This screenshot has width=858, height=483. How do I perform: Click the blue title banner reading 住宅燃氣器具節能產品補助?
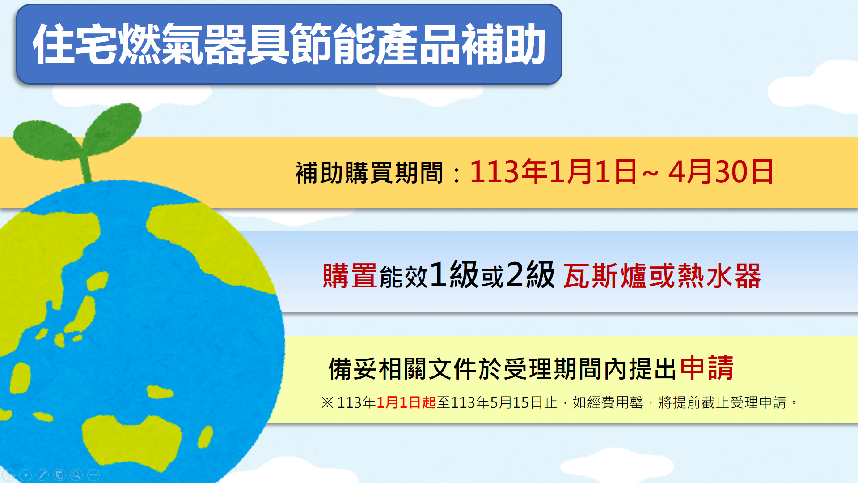point(289,44)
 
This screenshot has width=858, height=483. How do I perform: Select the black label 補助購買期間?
point(369,173)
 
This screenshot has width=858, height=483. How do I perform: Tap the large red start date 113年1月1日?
point(553,172)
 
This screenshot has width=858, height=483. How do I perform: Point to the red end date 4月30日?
point(721,172)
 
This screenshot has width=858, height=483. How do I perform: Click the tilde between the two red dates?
point(651,173)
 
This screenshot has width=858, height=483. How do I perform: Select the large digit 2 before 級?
point(514,274)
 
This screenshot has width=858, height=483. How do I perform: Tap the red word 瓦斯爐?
point(604,275)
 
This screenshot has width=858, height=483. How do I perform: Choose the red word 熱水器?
point(719,275)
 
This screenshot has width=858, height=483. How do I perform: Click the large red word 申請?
point(706,368)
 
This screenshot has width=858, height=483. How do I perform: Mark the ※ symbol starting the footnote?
point(327,402)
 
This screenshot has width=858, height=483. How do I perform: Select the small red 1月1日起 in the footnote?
point(406,402)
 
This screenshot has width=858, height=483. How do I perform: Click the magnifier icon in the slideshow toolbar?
point(76,474)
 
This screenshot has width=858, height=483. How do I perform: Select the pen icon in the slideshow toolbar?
point(42,474)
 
